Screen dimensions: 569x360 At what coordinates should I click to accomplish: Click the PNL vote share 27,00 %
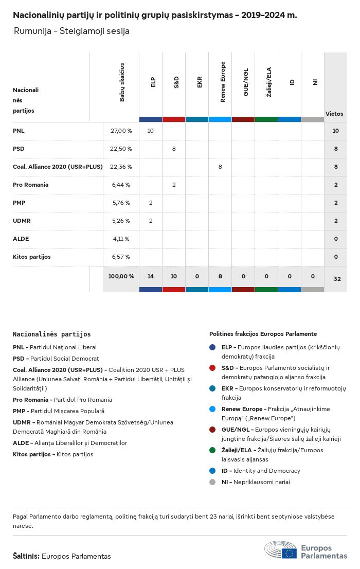coord(121,131)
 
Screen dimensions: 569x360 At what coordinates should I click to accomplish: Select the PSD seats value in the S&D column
coord(174,149)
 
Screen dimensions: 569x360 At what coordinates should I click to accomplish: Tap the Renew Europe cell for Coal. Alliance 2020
coord(220,167)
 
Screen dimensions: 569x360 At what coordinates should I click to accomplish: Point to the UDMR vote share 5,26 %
coord(121,221)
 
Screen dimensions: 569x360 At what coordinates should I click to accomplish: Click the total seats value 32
coord(337,279)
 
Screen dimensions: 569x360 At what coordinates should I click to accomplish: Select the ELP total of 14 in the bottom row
coord(151,276)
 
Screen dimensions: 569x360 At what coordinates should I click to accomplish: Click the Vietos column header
coord(334,114)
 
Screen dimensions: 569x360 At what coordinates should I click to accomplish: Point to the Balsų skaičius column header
coord(122,82)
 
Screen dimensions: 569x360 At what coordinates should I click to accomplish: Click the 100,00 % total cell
coord(121,276)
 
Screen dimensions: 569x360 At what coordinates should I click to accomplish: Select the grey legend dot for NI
coord(212,482)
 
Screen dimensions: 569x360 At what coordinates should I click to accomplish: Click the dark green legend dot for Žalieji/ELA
coord(212,450)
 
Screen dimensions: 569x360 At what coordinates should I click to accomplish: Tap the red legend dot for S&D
coord(212,368)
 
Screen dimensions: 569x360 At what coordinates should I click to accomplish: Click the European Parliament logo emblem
coord(280,550)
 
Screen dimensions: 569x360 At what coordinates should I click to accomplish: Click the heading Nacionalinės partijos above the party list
coord(51,334)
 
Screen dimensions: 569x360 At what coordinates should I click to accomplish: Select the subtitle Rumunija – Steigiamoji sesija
coord(71,31)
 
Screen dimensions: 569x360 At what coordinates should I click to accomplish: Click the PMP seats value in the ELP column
coord(151,203)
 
